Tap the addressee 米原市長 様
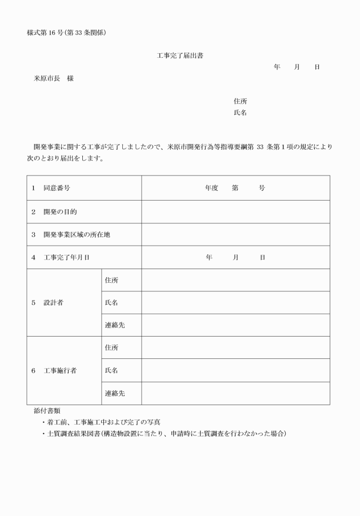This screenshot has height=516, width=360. click(53, 78)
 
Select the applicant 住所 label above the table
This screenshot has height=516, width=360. click(240, 101)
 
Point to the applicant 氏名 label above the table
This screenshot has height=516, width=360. click(240, 113)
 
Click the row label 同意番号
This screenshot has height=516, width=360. click(57, 188)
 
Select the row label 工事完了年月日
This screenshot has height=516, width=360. click(66, 258)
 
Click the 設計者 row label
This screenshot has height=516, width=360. click(53, 303)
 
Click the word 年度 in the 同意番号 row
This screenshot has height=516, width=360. click(211, 188)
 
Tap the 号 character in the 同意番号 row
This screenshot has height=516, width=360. click(262, 188)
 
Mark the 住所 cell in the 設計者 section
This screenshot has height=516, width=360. click(112, 281)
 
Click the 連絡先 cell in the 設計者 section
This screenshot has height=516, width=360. click(115, 325)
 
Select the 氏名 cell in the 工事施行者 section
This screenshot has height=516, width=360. click(112, 371)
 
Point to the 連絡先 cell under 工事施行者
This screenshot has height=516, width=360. click(115, 393)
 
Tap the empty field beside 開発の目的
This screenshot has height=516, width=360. click(235, 211)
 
